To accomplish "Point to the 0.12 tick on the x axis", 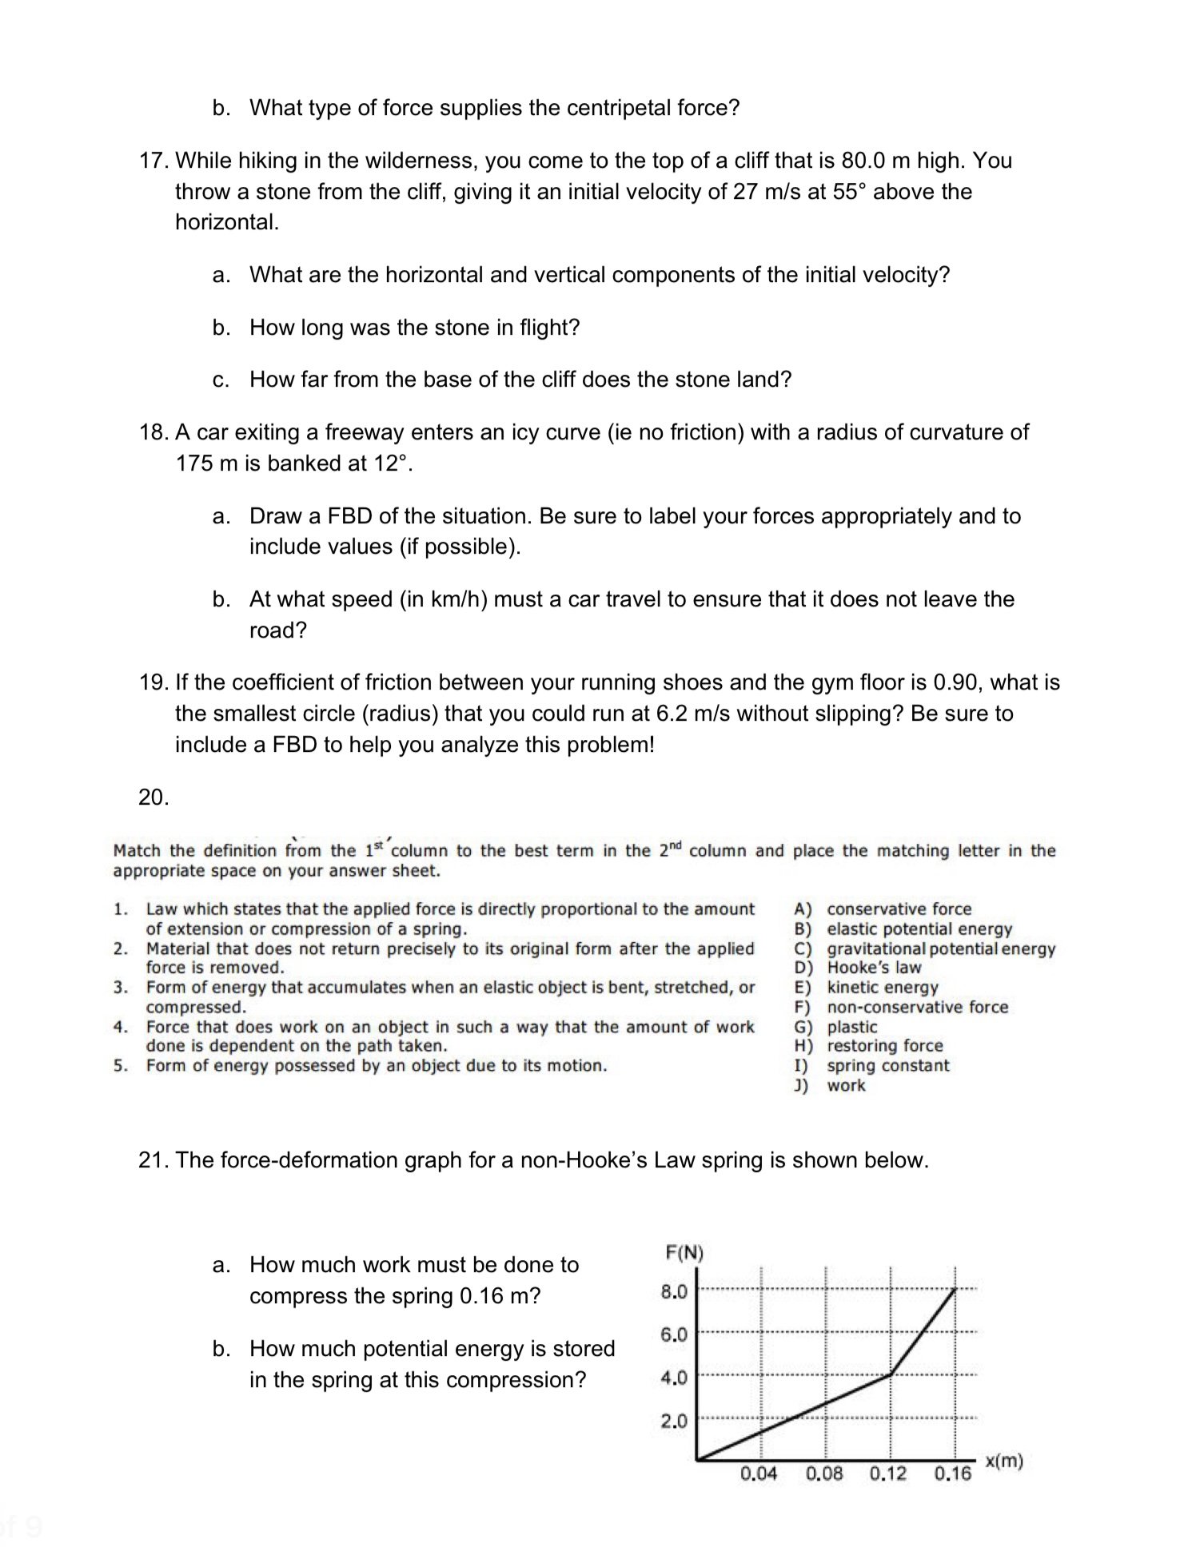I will click(888, 1473).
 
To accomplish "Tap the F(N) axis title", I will click(684, 1252).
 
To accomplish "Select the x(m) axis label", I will click(1003, 1461).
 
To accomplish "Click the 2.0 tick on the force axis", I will click(674, 1422).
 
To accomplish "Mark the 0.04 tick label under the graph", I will click(758, 1473).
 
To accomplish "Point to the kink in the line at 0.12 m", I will click(891, 1374).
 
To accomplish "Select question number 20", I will click(153, 797).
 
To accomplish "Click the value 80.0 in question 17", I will click(863, 161).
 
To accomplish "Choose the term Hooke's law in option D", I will click(874, 968).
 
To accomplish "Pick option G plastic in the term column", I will click(851, 1027).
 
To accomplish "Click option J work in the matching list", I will click(846, 1085).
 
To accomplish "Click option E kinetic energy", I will click(882, 988).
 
